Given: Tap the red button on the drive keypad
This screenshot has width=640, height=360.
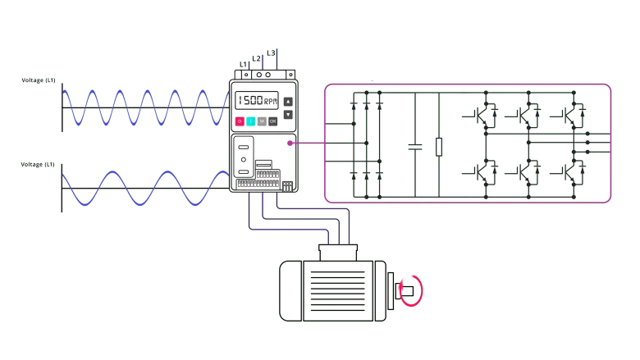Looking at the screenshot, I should tap(240, 121).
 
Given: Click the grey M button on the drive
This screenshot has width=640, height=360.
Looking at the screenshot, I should tap(262, 121).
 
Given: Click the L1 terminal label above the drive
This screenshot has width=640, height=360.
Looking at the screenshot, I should tap(243, 62).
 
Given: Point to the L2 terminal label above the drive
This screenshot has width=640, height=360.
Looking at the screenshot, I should tap(257, 57).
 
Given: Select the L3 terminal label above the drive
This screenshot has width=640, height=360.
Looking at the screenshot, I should tap(271, 52).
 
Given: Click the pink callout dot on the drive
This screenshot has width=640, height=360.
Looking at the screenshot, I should tap(290, 143).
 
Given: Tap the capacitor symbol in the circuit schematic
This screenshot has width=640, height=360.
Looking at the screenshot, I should tap(417, 148).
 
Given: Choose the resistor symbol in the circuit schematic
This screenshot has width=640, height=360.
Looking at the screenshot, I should tap(439, 147).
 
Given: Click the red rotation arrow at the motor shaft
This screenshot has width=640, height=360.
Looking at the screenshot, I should tap(411, 290).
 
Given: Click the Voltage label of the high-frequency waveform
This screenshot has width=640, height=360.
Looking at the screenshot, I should tap(38, 80).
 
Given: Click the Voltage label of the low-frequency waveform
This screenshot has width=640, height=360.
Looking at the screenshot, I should tap(38, 165).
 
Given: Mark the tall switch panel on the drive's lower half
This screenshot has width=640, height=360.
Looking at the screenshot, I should tap(244, 157).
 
